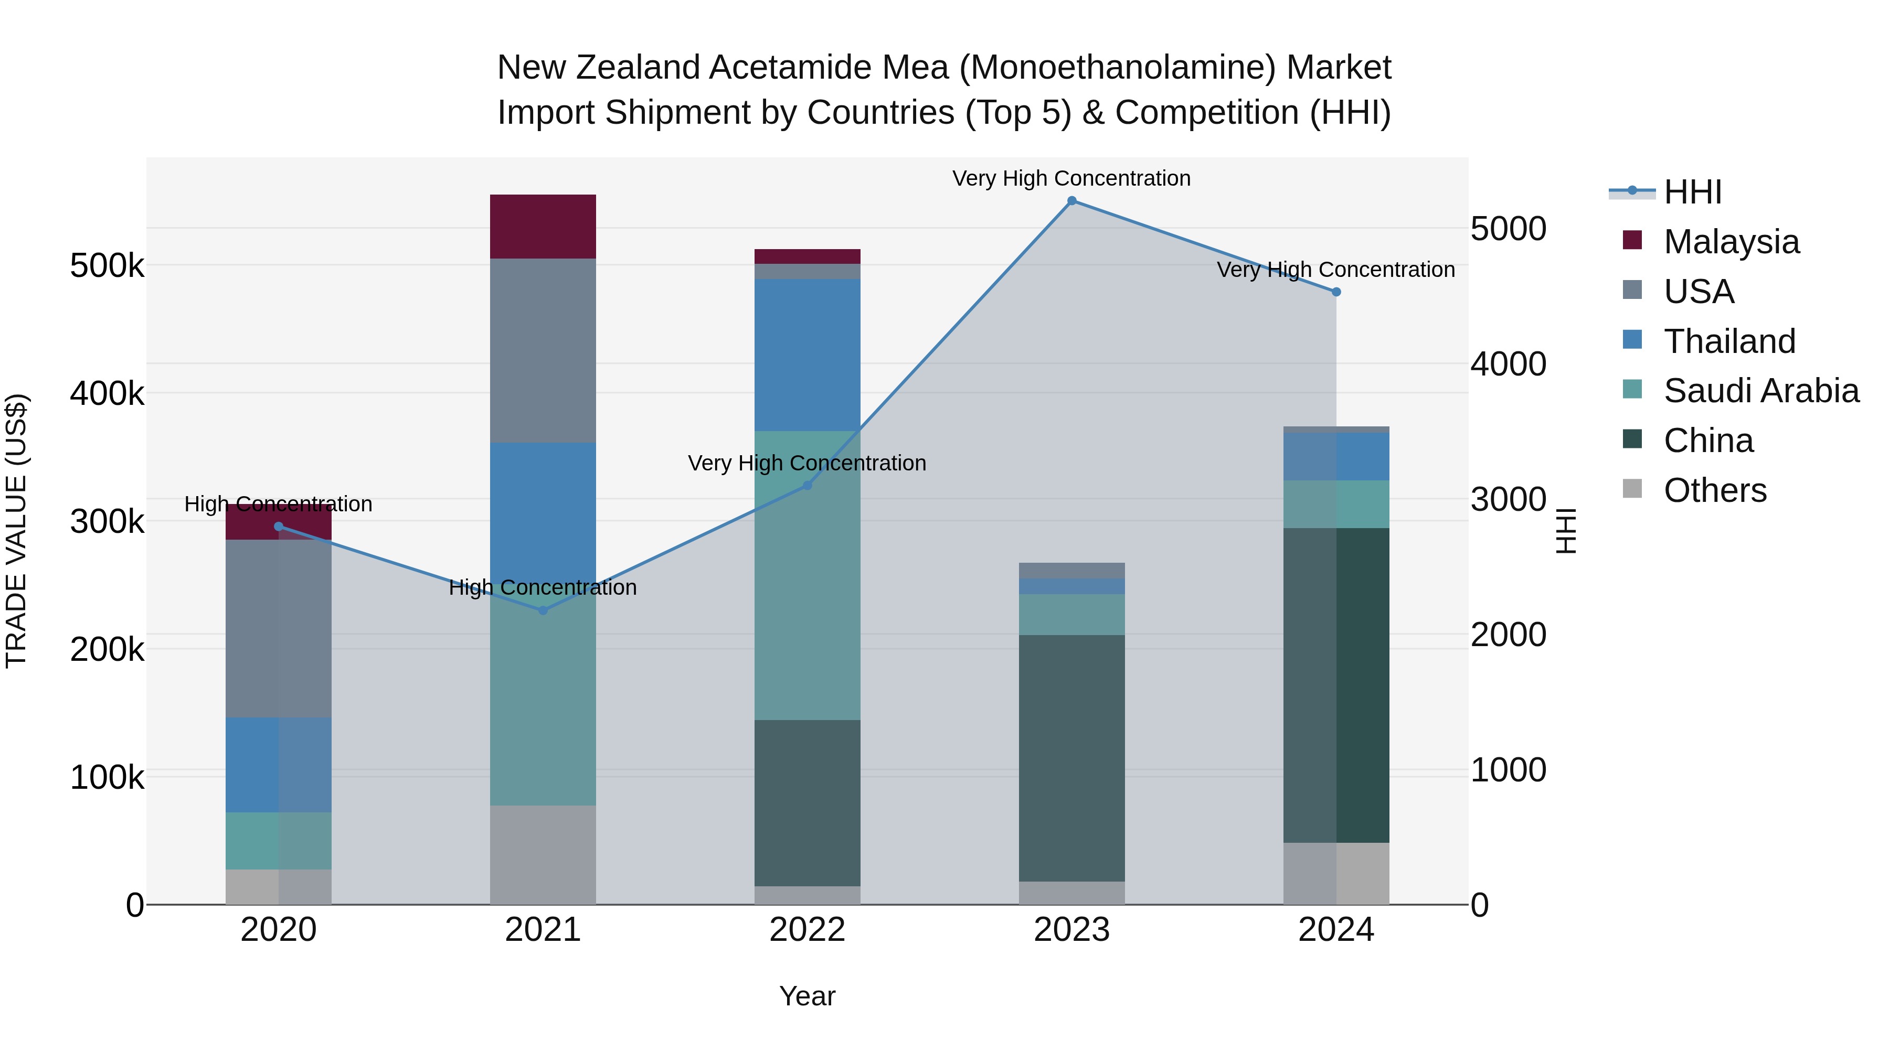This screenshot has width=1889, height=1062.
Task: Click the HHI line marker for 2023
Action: pyautogui.click(x=1071, y=201)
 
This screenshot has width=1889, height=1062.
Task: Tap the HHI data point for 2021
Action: pyautogui.click(x=543, y=610)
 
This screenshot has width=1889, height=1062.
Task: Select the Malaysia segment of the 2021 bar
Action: pyautogui.click(x=543, y=227)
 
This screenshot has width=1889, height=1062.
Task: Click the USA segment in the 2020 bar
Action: pyautogui.click(x=279, y=628)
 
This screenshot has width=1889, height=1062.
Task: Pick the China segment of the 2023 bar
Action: pyautogui.click(x=1071, y=758)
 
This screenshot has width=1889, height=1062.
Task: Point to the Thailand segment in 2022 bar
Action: pyautogui.click(x=808, y=355)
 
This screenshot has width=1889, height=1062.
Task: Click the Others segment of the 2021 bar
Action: pyautogui.click(x=543, y=855)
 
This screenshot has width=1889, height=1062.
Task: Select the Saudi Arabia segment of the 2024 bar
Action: pyautogui.click(x=1336, y=504)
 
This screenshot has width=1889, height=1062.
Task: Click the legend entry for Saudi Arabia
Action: pyautogui.click(x=1760, y=391)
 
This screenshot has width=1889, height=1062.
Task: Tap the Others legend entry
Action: pyautogui.click(x=1714, y=490)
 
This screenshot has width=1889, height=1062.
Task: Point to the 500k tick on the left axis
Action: pyautogui.click(x=107, y=265)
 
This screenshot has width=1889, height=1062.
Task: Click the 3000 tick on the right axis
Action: pyautogui.click(x=1509, y=500)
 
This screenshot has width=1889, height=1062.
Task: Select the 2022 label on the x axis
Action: pyautogui.click(x=808, y=930)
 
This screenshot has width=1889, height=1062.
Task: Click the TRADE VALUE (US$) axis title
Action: pyautogui.click(x=16, y=531)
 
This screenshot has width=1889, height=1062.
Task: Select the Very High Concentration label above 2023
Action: pyautogui.click(x=1071, y=178)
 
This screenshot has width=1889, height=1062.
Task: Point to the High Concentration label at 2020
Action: pyautogui.click(x=279, y=504)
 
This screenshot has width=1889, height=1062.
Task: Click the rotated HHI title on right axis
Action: pyautogui.click(x=1566, y=531)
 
